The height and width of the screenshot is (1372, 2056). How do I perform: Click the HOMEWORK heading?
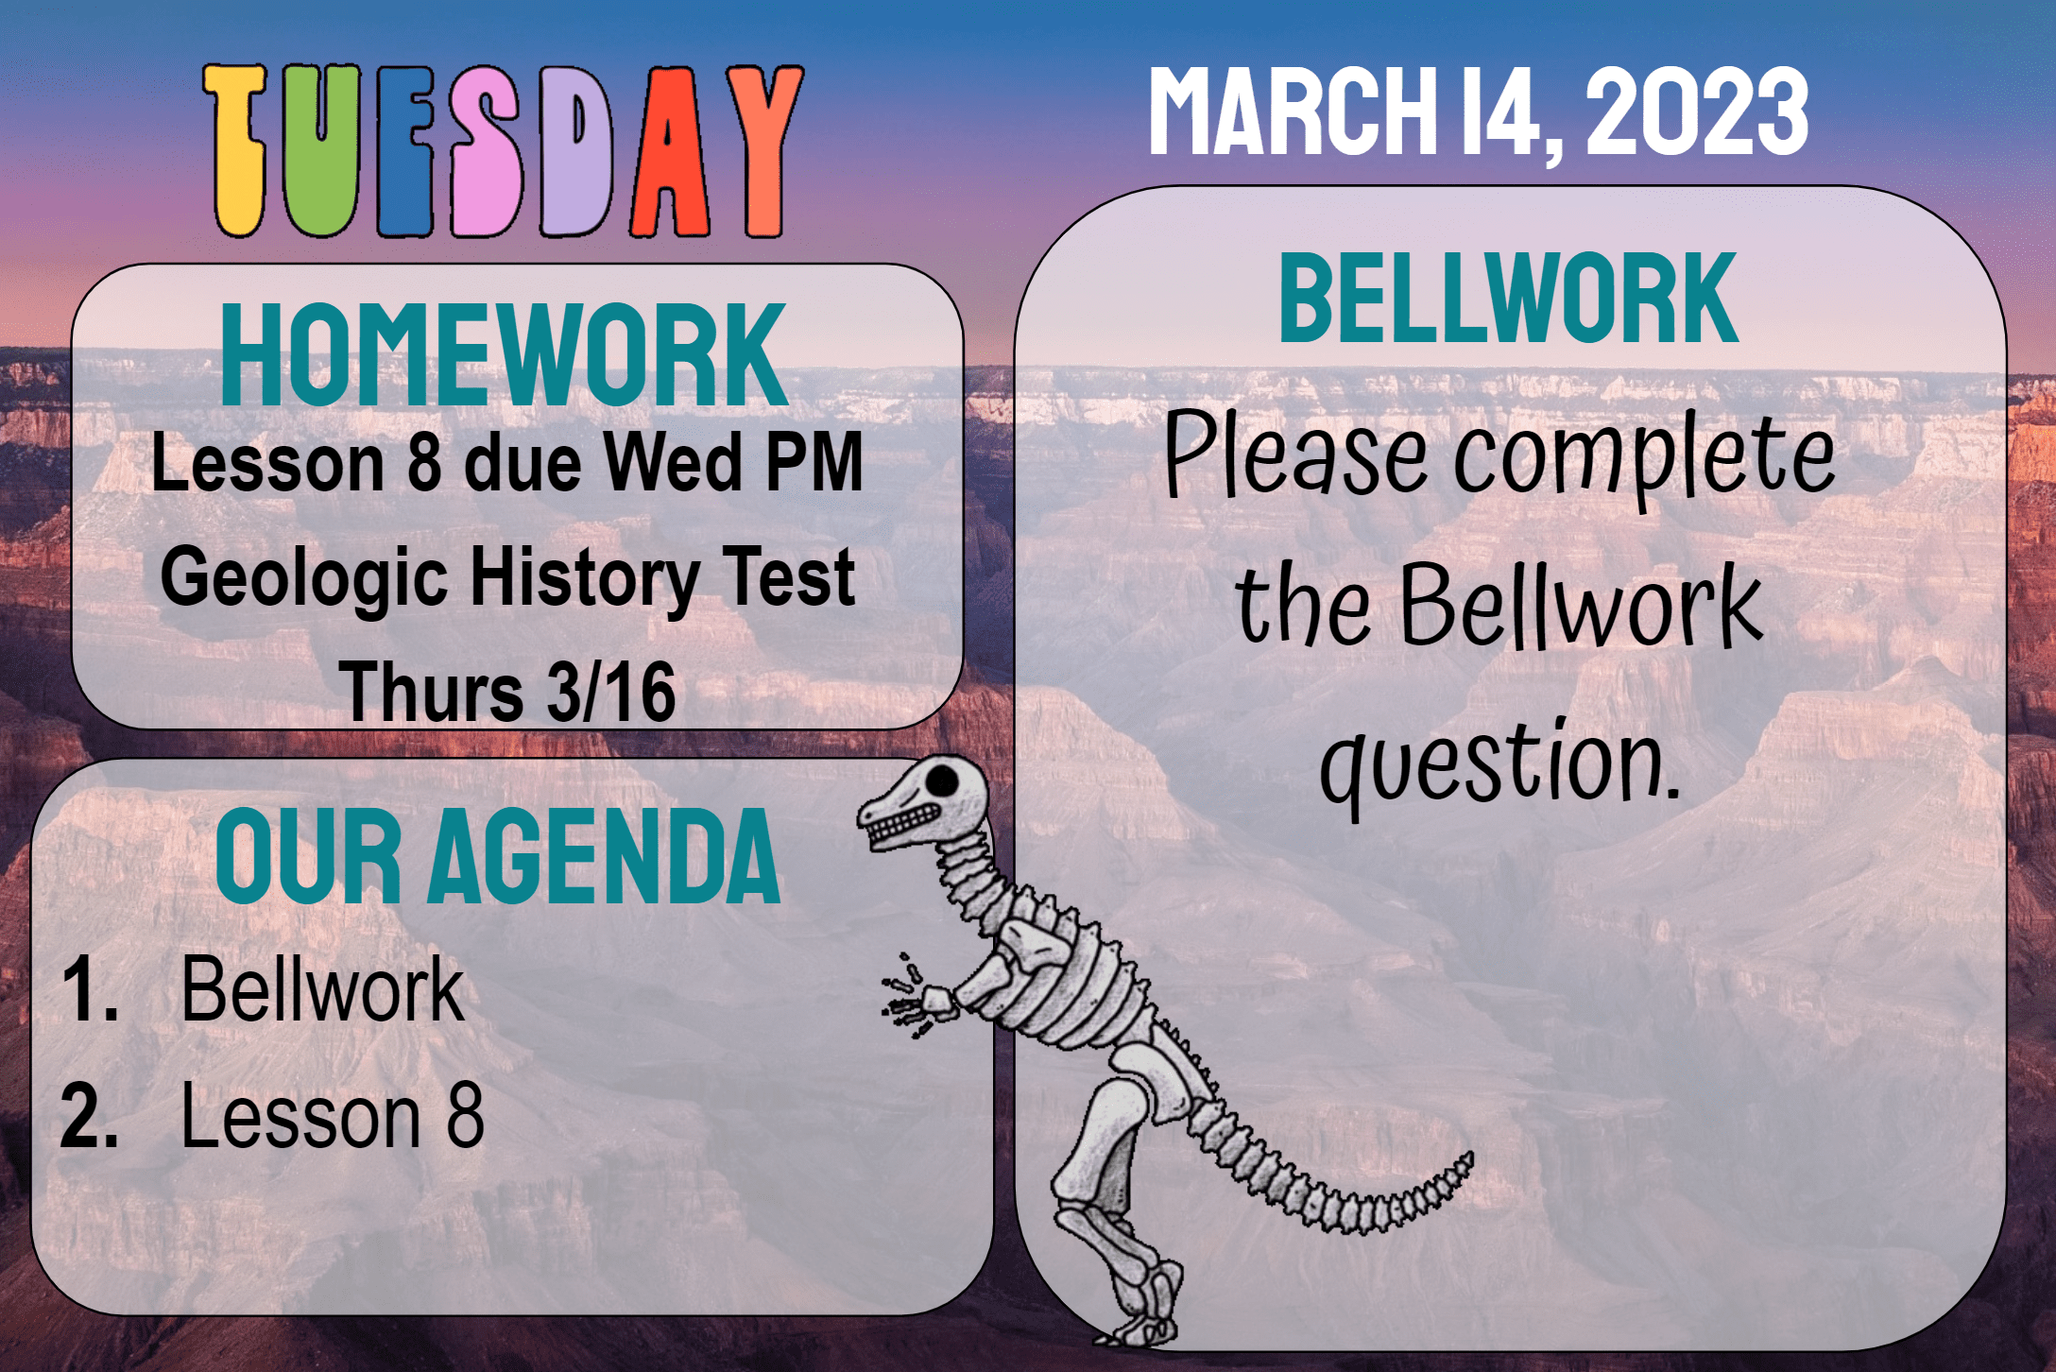pyautogui.click(x=504, y=354)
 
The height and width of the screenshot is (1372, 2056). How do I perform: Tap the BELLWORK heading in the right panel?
pyautogui.click(x=1508, y=298)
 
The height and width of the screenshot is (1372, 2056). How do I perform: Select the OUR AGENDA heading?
pyautogui.click(x=498, y=856)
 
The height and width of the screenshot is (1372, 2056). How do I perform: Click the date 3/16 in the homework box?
pyautogui.click(x=611, y=692)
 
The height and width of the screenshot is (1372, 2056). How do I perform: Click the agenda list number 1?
pyautogui.click(x=90, y=990)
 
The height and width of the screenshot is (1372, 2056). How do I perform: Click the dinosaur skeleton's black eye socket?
pyautogui.click(x=942, y=780)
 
